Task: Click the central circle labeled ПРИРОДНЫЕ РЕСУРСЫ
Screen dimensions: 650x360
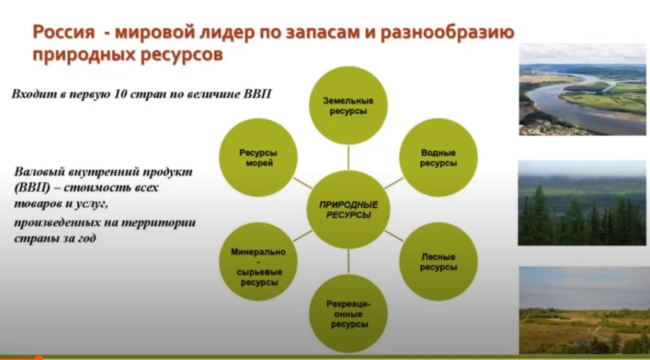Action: [349, 210]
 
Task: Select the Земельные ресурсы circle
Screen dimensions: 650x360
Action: [349, 105]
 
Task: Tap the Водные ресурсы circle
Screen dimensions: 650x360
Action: [438, 158]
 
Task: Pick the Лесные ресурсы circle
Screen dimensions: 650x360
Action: [438, 262]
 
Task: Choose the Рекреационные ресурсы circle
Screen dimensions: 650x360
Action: [349, 314]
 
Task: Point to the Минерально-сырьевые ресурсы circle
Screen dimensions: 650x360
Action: [259, 262]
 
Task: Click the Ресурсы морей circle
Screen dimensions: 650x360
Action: [259, 158]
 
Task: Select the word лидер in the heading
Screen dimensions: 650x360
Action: [228, 32]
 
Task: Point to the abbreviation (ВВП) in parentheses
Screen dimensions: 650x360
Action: [32, 188]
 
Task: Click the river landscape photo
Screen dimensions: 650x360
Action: [582, 89]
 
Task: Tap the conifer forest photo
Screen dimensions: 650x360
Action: [582, 203]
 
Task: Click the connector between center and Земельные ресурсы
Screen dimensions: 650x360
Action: [349, 158]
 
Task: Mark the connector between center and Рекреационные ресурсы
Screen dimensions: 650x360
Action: [349, 262]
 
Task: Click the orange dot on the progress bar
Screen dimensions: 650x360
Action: [38, 357]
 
